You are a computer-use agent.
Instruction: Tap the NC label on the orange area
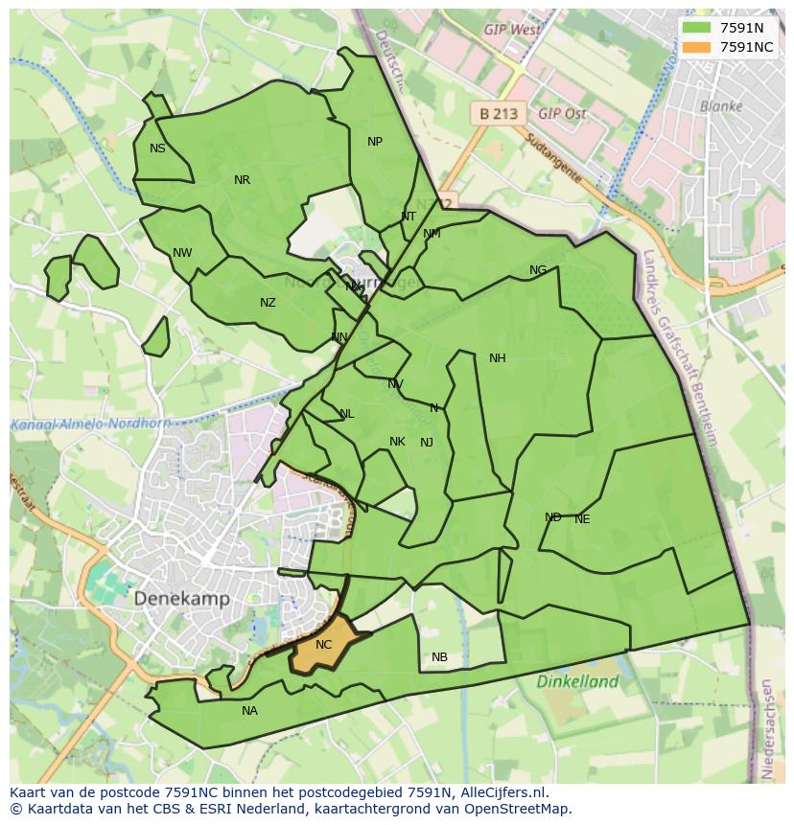pyautogui.click(x=323, y=645)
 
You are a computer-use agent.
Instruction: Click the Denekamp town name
pyautogui.click(x=182, y=599)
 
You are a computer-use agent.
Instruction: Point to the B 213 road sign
pyautogui.click(x=498, y=113)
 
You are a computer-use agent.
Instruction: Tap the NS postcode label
pyautogui.click(x=157, y=149)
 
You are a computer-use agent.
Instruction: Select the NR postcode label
pyautogui.click(x=242, y=180)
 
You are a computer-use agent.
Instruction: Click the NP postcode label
pyautogui.click(x=375, y=142)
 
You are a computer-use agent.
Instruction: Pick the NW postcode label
pyautogui.click(x=182, y=253)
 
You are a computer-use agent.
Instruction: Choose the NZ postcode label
pyautogui.click(x=268, y=303)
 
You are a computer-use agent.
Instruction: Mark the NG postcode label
pyautogui.click(x=538, y=270)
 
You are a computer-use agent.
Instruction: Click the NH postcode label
pyautogui.click(x=497, y=358)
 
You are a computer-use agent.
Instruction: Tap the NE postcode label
pyautogui.click(x=582, y=519)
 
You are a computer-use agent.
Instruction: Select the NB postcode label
pyautogui.click(x=439, y=657)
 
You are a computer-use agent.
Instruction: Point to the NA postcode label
pyautogui.click(x=249, y=711)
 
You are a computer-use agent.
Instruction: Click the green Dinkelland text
pyautogui.click(x=577, y=682)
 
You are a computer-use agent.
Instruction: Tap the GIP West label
pyautogui.click(x=512, y=30)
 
